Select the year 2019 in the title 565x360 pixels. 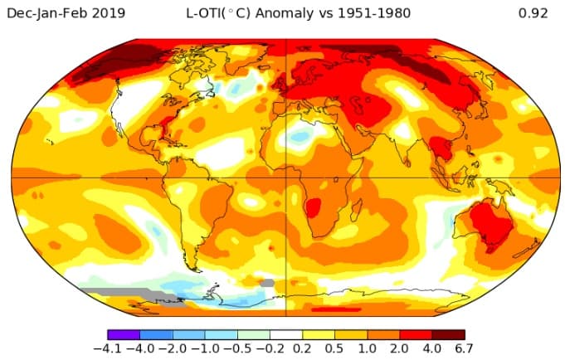[x=107, y=13]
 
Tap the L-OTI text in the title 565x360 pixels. [x=202, y=13]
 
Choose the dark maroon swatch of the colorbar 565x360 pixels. [x=448, y=333]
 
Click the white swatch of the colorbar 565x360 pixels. [x=286, y=333]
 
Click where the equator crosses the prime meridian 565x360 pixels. [x=285, y=177]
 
